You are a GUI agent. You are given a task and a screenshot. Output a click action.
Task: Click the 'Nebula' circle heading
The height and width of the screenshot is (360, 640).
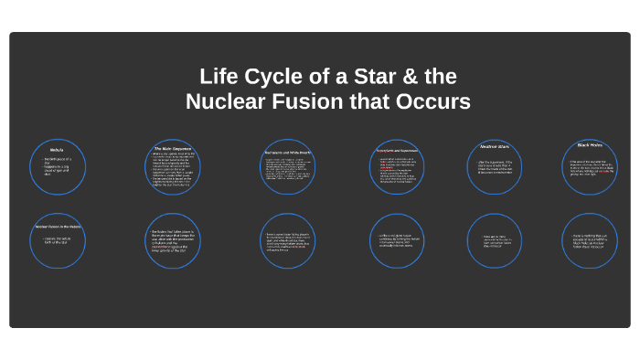(x=57, y=149)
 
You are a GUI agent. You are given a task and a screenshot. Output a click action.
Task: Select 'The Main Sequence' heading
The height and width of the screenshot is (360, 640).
(x=172, y=148)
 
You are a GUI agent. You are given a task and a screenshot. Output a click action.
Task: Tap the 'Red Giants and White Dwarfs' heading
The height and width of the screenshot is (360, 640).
(x=288, y=152)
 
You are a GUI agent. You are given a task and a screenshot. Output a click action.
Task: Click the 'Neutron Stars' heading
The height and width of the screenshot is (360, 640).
(x=495, y=147)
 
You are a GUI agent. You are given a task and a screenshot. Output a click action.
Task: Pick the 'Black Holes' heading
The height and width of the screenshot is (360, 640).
(x=590, y=144)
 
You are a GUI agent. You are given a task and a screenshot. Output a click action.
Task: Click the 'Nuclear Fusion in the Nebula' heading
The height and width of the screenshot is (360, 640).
(x=57, y=226)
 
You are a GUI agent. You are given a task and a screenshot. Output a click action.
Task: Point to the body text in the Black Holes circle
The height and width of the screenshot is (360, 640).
(x=590, y=169)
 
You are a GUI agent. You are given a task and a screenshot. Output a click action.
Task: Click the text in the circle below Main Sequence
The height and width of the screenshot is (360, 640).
(x=174, y=239)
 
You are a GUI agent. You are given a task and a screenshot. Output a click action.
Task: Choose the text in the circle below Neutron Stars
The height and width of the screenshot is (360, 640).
(x=495, y=241)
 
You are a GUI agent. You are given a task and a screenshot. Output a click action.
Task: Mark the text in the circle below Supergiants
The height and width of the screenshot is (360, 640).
(x=399, y=241)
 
